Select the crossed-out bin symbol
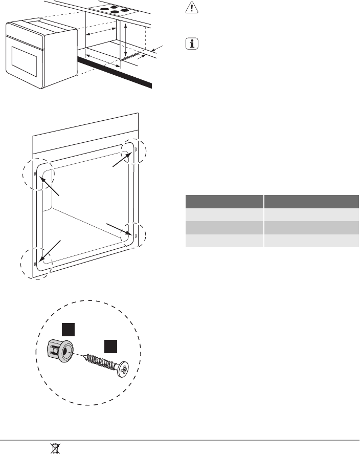tap(53, 448)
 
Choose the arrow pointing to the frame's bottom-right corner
tap(117, 230)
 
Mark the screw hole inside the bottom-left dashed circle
tap(34, 264)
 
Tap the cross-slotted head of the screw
tap(122, 370)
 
